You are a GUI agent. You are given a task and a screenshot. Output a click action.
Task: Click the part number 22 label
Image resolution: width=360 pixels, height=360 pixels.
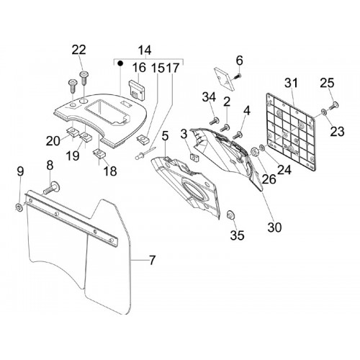(x=78, y=50)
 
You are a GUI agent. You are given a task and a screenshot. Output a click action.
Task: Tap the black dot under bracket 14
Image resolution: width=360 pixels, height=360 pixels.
(x=120, y=63)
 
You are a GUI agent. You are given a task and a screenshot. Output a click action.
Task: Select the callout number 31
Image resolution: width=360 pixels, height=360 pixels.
(x=291, y=83)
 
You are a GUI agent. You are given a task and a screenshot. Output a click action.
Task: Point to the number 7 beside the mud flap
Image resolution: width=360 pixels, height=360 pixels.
(x=152, y=260)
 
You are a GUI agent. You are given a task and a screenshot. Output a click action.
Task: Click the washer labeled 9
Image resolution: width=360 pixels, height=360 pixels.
(x=19, y=207)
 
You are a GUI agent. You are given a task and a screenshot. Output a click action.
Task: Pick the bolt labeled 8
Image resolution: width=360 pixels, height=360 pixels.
(x=51, y=188)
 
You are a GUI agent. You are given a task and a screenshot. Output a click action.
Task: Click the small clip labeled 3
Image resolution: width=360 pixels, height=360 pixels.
(x=194, y=158)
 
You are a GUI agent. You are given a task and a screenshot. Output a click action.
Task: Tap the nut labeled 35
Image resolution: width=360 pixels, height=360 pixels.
(x=231, y=214)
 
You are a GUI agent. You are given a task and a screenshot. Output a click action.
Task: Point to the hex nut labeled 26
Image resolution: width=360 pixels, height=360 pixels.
(x=254, y=152)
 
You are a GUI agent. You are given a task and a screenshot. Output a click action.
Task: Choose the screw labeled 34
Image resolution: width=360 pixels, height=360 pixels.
(x=215, y=121)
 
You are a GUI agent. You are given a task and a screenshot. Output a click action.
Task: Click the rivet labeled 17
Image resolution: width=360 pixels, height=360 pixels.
(x=145, y=153)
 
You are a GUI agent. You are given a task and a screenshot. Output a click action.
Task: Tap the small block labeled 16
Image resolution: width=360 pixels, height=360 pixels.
(x=138, y=90)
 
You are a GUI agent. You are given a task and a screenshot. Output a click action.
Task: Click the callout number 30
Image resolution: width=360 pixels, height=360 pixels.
(x=274, y=227)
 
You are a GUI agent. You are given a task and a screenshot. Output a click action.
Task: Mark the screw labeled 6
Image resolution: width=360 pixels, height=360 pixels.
(x=237, y=76)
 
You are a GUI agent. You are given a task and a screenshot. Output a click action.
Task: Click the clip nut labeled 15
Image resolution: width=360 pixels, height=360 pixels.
(x=143, y=139)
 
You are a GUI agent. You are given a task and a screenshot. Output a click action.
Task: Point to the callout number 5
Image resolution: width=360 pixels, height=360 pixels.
(x=165, y=136)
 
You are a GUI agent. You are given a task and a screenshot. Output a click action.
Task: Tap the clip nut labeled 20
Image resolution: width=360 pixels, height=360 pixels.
(x=72, y=132)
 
